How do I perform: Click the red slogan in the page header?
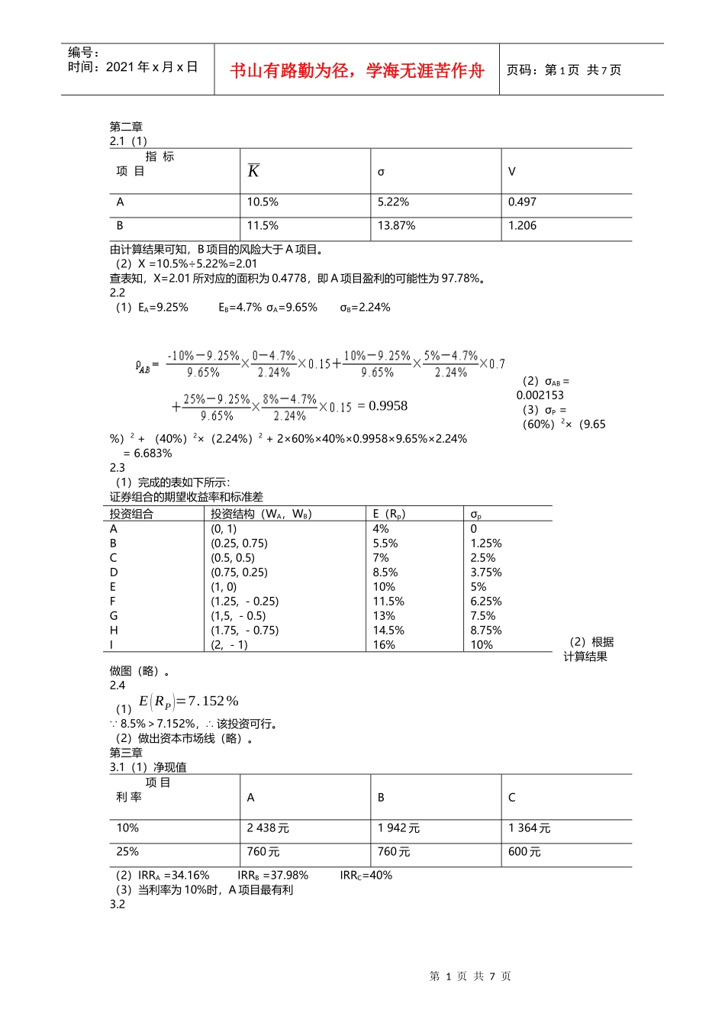(x=357, y=71)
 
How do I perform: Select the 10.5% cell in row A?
(x=263, y=202)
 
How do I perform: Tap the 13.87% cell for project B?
(x=396, y=226)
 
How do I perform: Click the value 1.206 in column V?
(x=522, y=226)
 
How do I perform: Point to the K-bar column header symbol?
(x=253, y=171)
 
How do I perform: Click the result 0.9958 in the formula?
(x=388, y=406)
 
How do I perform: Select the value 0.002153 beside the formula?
(x=540, y=395)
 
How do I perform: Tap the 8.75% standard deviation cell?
(x=485, y=631)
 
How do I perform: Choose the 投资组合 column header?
(x=131, y=514)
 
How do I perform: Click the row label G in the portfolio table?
(x=114, y=616)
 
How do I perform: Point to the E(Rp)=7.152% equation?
(x=188, y=702)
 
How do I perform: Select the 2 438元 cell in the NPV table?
(x=268, y=828)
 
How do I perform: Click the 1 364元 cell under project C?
(x=529, y=828)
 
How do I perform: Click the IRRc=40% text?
(x=366, y=876)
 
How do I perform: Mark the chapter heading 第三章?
(x=126, y=753)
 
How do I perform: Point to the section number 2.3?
(x=117, y=468)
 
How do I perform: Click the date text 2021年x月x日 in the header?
(x=152, y=67)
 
